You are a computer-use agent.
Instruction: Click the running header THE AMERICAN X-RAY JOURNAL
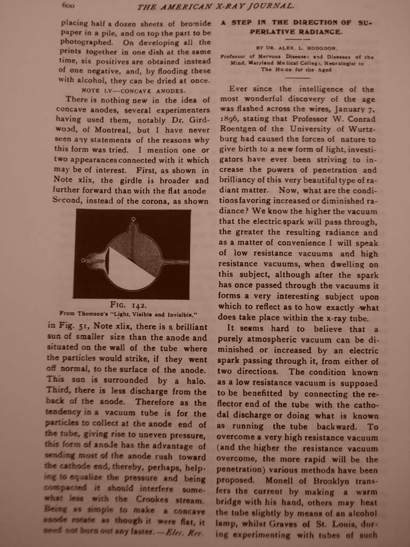[x=215, y=6]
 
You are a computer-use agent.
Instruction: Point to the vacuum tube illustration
[x=131, y=253]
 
